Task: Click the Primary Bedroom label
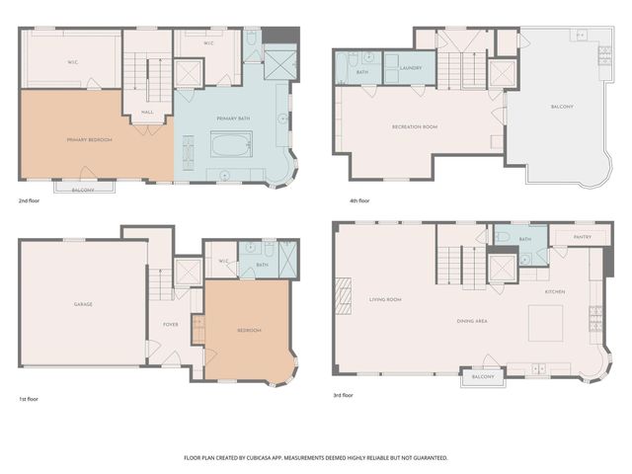point(89,140)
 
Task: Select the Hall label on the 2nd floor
point(147,113)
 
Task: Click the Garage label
point(83,304)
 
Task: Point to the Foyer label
point(171,323)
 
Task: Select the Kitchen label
point(555,292)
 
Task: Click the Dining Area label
point(472,321)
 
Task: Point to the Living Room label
point(385,299)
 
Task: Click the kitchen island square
point(545,322)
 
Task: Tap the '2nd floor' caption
point(31,201)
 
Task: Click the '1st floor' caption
point(30,399)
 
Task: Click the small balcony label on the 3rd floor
point(482,377)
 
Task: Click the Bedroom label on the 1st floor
point(249,330)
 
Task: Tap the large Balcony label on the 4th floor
point(562,107)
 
